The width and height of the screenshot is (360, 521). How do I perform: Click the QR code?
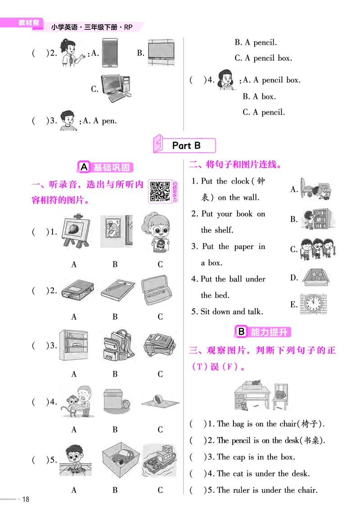[x=159, y=191]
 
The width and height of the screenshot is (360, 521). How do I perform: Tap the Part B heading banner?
[x=186, y=145]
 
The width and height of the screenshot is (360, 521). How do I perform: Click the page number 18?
[x=26, y=499]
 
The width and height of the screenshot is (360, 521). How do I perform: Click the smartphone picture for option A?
[x=110, y=53]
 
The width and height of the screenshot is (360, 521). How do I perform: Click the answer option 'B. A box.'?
[x=259, y=96]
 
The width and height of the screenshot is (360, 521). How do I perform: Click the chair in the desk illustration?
[x=281, y=395]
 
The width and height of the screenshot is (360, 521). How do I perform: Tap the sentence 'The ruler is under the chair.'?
[x=267, y=490]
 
